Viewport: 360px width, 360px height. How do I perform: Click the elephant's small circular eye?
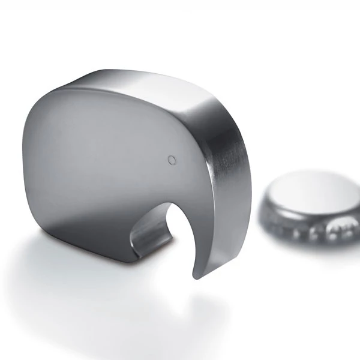pos(172,159)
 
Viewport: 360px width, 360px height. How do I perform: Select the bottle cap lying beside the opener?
pos(309,207)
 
